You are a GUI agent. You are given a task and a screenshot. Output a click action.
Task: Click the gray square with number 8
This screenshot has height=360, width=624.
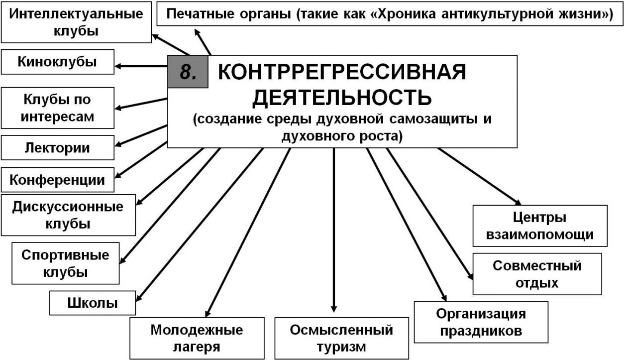(x=188, y=72)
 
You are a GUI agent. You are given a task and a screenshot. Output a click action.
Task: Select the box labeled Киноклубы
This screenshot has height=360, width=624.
(x=57, y=62)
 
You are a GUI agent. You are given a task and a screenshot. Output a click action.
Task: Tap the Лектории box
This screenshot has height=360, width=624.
(x=57, y=148)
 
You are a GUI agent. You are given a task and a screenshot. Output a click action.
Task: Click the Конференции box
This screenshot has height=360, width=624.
(x=57, y=180)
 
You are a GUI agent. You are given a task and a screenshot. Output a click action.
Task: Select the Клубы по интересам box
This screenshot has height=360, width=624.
(x=57, y=108)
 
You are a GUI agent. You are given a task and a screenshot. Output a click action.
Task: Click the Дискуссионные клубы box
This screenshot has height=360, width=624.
(x=68, y=215)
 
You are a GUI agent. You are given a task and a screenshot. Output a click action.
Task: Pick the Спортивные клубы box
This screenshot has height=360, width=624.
(x=65, y=263)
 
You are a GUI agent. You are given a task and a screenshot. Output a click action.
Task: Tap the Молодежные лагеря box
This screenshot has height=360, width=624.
(x=197, y=338)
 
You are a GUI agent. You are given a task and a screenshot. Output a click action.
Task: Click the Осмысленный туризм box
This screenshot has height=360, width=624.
(x=341, y=338)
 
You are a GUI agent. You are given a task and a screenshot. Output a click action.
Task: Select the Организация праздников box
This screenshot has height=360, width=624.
(x=481, y=322)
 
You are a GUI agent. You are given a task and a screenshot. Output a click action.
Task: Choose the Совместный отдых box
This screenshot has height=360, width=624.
(x=537, y=274)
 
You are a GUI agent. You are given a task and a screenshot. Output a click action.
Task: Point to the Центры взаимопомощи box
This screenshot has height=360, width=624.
(x=540, y=226)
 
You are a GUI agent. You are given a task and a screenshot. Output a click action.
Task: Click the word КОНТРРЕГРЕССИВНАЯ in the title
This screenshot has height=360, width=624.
(x=342, y=72)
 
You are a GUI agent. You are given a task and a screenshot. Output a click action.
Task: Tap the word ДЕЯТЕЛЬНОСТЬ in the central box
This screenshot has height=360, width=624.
(x=342, y=98)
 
